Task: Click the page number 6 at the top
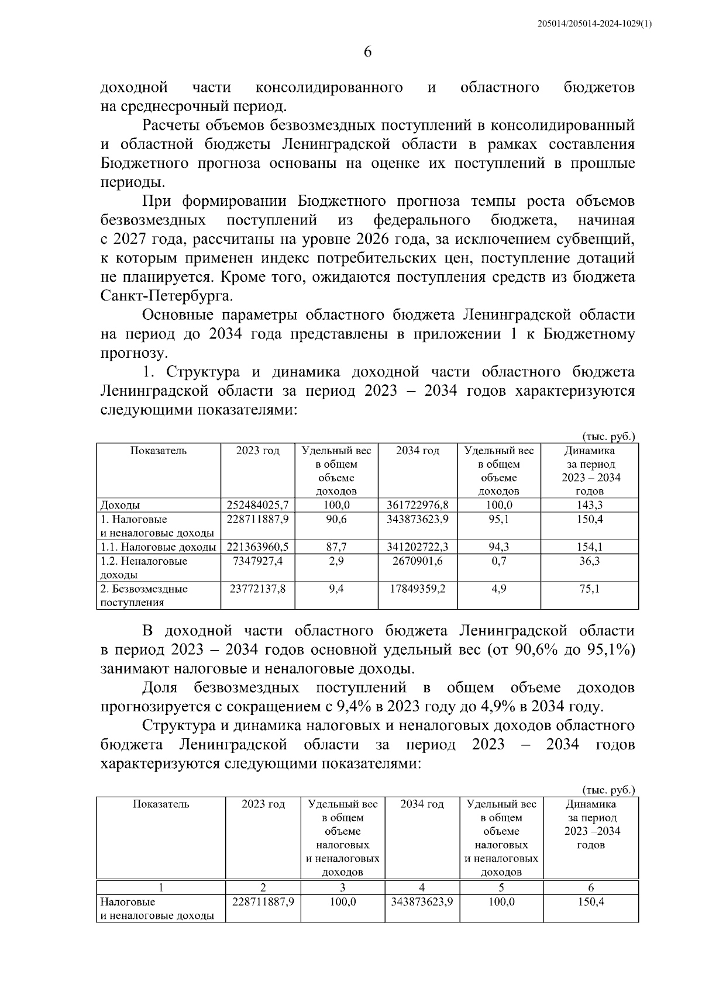coord(367,51)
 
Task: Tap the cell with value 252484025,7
coord(257,505)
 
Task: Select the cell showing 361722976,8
coord(418,505)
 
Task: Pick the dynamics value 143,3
coord(590,505)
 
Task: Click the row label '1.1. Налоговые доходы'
coord(157,547)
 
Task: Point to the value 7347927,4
coord(257,561)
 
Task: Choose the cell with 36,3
coord(590,561)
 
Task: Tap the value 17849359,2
coord(418,589)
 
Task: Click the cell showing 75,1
coord(590,589)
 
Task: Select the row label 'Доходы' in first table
coord(120,505)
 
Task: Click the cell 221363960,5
coord(257,547)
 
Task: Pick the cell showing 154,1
coord(590,547)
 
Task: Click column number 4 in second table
coord(422,887)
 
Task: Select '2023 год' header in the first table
coord(257,451)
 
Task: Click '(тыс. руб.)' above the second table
coord(608,790)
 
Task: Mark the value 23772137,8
coord(257,589)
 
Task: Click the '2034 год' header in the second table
coord(422,804)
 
